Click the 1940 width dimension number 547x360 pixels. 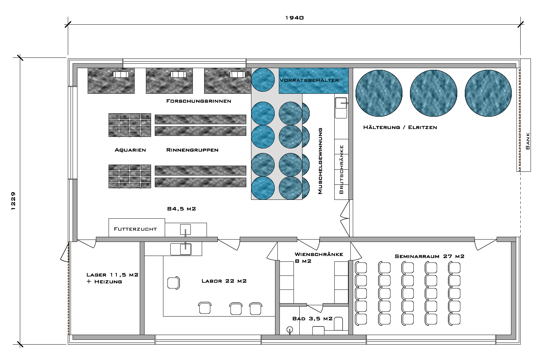pyautogui.click(x=295, y=18)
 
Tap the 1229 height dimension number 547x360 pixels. pyautogui.click(x=13, y=201)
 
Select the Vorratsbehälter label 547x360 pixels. pyautogui.click(x=309, y=80)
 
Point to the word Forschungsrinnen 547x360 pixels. pyautogui.click(x=199, y=101)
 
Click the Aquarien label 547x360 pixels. pyautogui.click(x=130, y=150)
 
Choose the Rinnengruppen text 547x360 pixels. pyautogui.click(x=192, y=150)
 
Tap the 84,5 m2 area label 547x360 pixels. pyautogui.click(x=182, y=209)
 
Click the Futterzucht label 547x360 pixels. pyautogui.click(x=135, y=229)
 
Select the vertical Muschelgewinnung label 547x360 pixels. pyautogui.click(x=320, y=161)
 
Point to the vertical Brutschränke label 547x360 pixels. pyautogui.click(x=341, y=169)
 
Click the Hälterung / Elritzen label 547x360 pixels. pyautogui.click(x=400, y=127)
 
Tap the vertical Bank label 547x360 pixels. pyautogui.click(x=528, y=141)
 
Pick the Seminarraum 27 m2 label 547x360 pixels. pyautogui.click(x=430, y=256)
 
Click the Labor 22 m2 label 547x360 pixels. pyautogui.click(x=224, y=281)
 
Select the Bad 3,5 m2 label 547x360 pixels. pyautogui.click(x=312, y=319)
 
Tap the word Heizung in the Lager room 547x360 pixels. pyautogui.click(x=108, y=282)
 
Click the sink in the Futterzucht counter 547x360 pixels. pyautogui.click(x=185, y=230)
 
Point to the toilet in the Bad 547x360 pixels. pyautogui.click(x=338, y=324)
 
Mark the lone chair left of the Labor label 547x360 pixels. pyautogui.click(x=174, y=283)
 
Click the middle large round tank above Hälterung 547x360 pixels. pyautogui.click(x=433, y=93)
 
